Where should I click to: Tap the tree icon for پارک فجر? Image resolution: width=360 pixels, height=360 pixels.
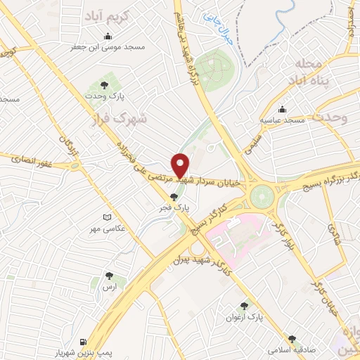(174, 197)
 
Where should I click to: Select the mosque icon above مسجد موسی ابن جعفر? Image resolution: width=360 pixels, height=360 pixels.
(107, 37)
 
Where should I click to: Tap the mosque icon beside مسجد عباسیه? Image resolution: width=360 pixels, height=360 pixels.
(282, 110)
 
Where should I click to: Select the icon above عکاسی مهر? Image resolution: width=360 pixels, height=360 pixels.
(107, 218)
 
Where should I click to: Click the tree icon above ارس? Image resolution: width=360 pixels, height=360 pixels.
(109, 276)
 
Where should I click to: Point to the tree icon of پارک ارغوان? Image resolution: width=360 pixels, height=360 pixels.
(244, 306)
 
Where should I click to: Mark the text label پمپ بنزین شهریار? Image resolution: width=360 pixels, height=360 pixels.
(85, 348)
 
